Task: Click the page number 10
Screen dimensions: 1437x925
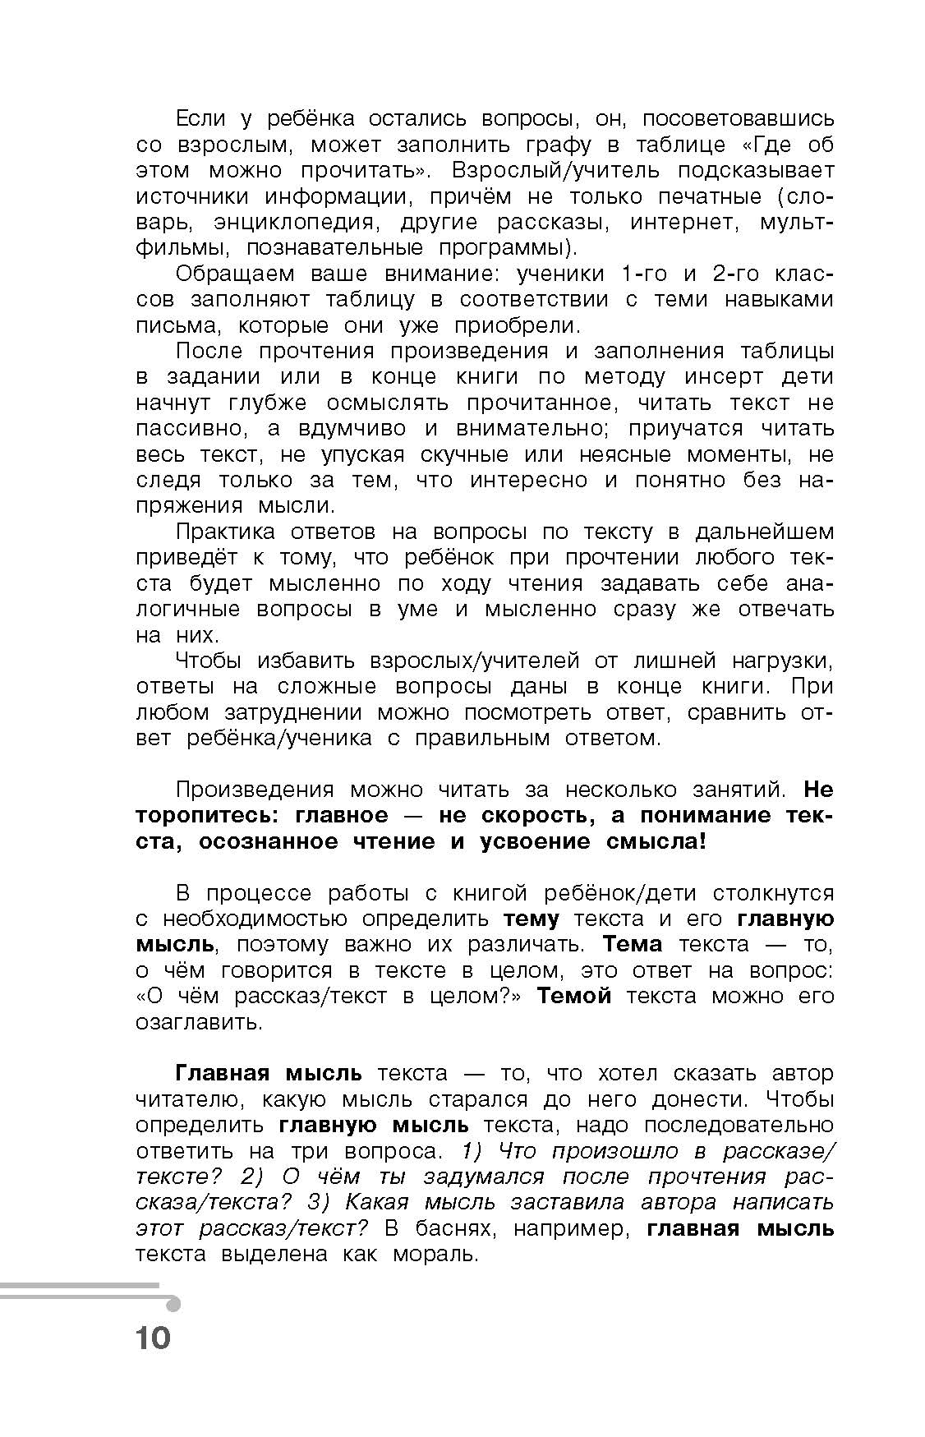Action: (x=153, y=1338)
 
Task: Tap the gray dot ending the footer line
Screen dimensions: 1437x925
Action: (x=173, y=1304)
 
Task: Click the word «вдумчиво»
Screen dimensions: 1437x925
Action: (x=353, y=429)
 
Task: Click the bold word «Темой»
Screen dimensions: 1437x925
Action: (x=573, y=997)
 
